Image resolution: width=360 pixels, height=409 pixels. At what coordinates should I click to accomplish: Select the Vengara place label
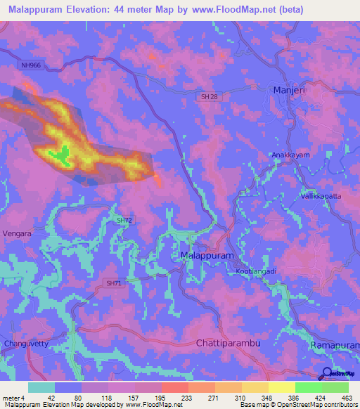pyautogui.click(x=18, y=233)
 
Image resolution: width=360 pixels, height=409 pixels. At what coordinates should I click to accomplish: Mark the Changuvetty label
pyautogui.click(x=26, y=344)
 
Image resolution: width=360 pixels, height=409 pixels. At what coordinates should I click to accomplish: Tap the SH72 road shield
pyautogui.click(x=124, y=221)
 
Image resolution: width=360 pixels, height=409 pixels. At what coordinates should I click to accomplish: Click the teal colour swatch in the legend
pyautogui.click(x=41, y=387)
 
